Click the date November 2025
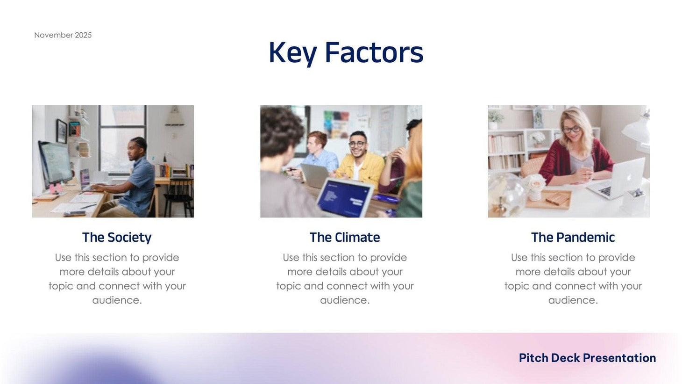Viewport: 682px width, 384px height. pyautogui.click(x=63, y=35)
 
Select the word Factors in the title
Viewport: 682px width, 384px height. pyautogui.click(x=374, y=52)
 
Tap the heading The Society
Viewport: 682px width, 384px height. pyautogui.click(x=117, y=237)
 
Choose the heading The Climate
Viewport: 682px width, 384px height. pyautogui.click(x=345, y=237)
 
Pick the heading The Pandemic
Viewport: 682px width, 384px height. pyautogui.click(x=573, y=237)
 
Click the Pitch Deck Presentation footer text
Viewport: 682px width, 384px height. pyautogui.click(x=587, y=358)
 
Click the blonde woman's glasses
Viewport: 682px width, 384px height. pyautogui.click(x=571, y=129)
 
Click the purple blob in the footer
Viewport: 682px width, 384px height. pyautogui.click(x=103, y=372)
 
